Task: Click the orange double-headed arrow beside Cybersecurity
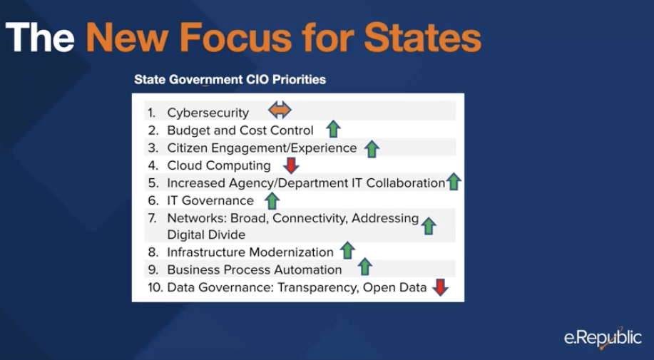[x=280, y=110]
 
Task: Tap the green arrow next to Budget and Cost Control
[x=333, y=129]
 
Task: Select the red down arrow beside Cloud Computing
[x=291, y=165]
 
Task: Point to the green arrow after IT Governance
[x=272, y=200]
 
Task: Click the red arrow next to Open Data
[x=440, y=287]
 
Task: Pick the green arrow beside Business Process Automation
[x=365, y=267]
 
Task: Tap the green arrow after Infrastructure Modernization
[x=347, y=250]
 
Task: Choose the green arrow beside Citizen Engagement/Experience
[x=372, y=149]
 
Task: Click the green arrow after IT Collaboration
[x=454, y=182]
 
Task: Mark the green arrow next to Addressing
[x=429, y=226]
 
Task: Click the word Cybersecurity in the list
[x=208, y=113]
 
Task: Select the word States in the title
[x=423, y=38]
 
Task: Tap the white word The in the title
[x=40, y=38]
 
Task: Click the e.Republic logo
[x=603, y=336]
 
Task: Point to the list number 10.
[x=155, y=287]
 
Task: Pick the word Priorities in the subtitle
[x=299, y=79]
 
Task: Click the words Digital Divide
[x=206, y=235]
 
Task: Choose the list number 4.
[x=153, y=165]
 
